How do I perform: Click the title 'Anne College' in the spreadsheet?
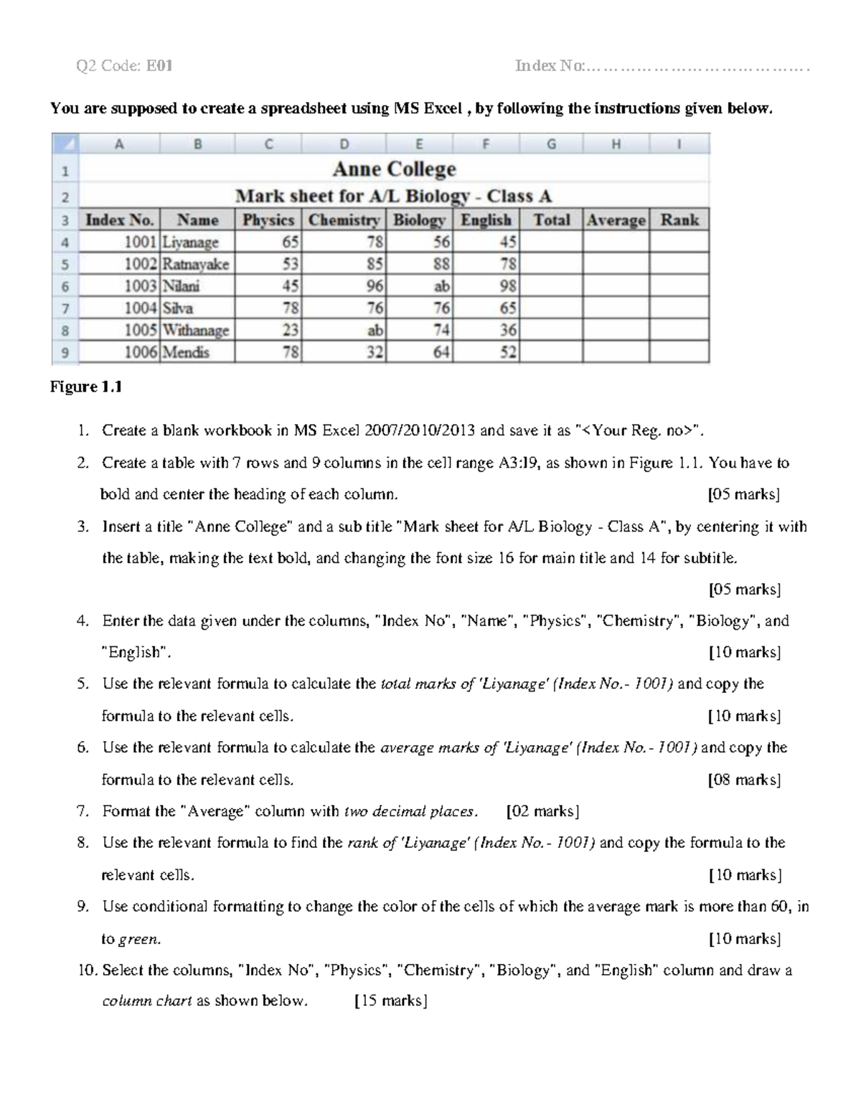tap(394, 169)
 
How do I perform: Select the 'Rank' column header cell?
tap(679, 220)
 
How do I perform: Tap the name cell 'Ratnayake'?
tap(195, 264)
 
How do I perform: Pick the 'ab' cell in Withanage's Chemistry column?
tap(375, 331)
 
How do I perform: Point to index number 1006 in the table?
tap(141, 352)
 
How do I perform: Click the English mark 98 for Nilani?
tap(508, 286)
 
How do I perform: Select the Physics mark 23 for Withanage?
tap(291, 331)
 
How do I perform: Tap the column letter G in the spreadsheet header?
tap(551, 144)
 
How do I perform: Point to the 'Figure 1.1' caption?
tap(85, 387)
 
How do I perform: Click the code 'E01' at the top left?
tap(159, 67)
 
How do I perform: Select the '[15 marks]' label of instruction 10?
tap(391, 1001)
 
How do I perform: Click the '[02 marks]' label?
tap(542, 811)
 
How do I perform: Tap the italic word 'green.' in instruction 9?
tap(139, 939)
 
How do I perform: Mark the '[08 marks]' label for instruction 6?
tap(744, 780)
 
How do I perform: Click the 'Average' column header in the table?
tap(616, 220)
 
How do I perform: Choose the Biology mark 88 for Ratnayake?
tap(441, 264)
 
